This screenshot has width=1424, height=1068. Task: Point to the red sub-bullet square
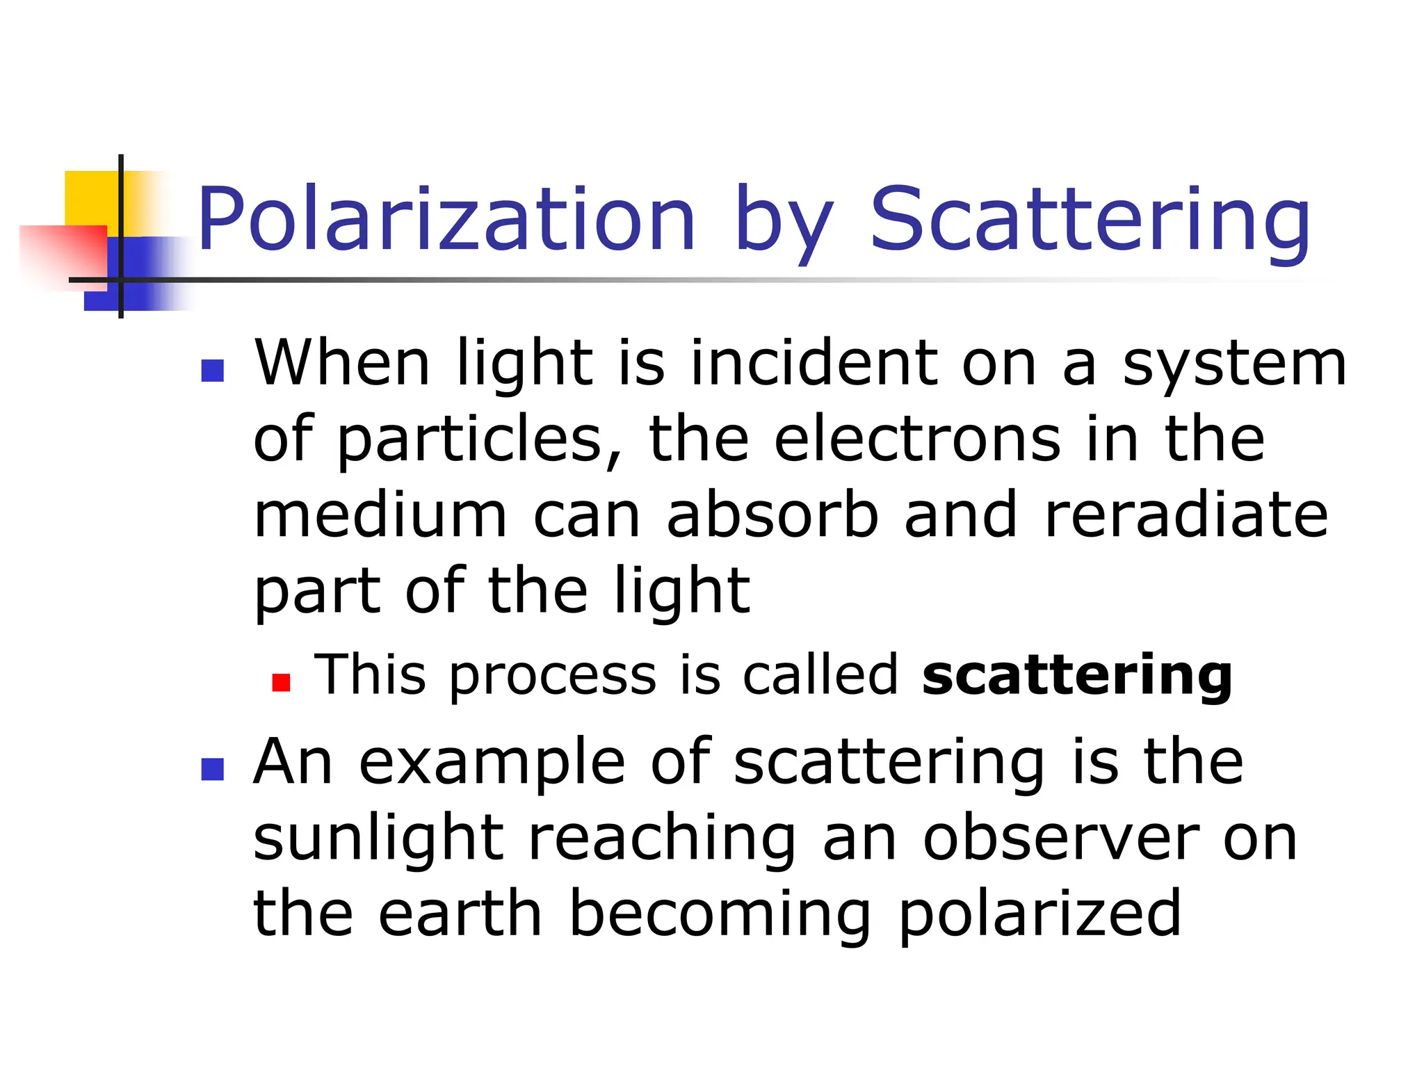point(281,683)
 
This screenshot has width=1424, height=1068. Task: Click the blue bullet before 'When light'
point(212,371)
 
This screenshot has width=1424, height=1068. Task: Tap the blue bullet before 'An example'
point(212,770)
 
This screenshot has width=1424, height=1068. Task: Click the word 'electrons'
point(917,439)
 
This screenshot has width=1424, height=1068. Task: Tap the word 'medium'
point(380,516)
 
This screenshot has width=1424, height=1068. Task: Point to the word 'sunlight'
point(378,839)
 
